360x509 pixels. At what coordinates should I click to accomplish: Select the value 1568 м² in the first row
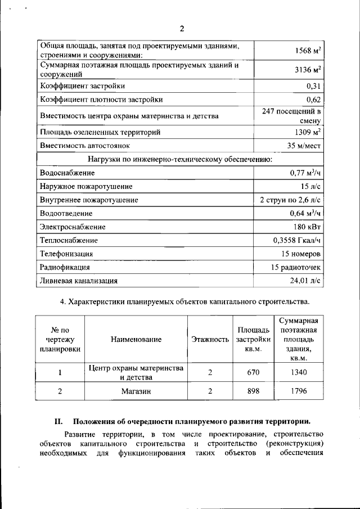point(308,51)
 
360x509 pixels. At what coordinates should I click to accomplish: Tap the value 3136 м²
point(308,70)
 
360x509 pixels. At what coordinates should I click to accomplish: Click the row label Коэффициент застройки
point(82,86)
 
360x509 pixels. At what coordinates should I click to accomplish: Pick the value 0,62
point(313,100)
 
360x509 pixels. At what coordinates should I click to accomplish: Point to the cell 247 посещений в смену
point(291,116)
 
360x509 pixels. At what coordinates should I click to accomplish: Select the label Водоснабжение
point(67,173)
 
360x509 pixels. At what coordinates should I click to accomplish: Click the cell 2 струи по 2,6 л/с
point(290,200)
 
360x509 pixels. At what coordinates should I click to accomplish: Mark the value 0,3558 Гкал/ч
point(296,241)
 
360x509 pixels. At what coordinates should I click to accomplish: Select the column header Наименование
point(136,340)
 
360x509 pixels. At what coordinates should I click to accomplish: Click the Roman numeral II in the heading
point(58,421)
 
